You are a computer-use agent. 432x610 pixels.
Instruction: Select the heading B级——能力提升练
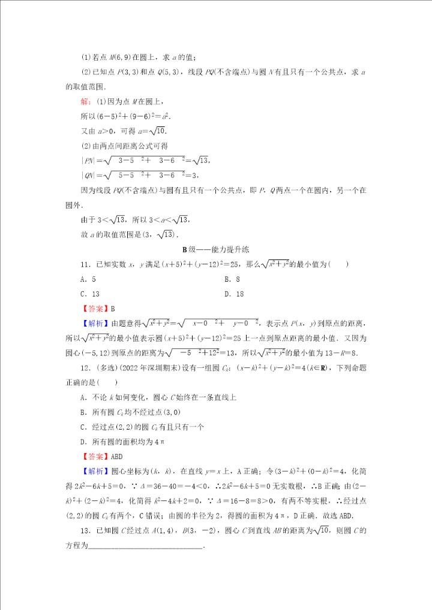pyautogui.click(x=215, y=249)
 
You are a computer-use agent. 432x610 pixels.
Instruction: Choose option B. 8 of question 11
pyautogui.click(x=232, y=279)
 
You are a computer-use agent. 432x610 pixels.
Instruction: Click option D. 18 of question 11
pyautogui.click(x=234, y=294)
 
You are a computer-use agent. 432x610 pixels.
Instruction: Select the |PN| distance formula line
pyautogui.click(x=147, y=160)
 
